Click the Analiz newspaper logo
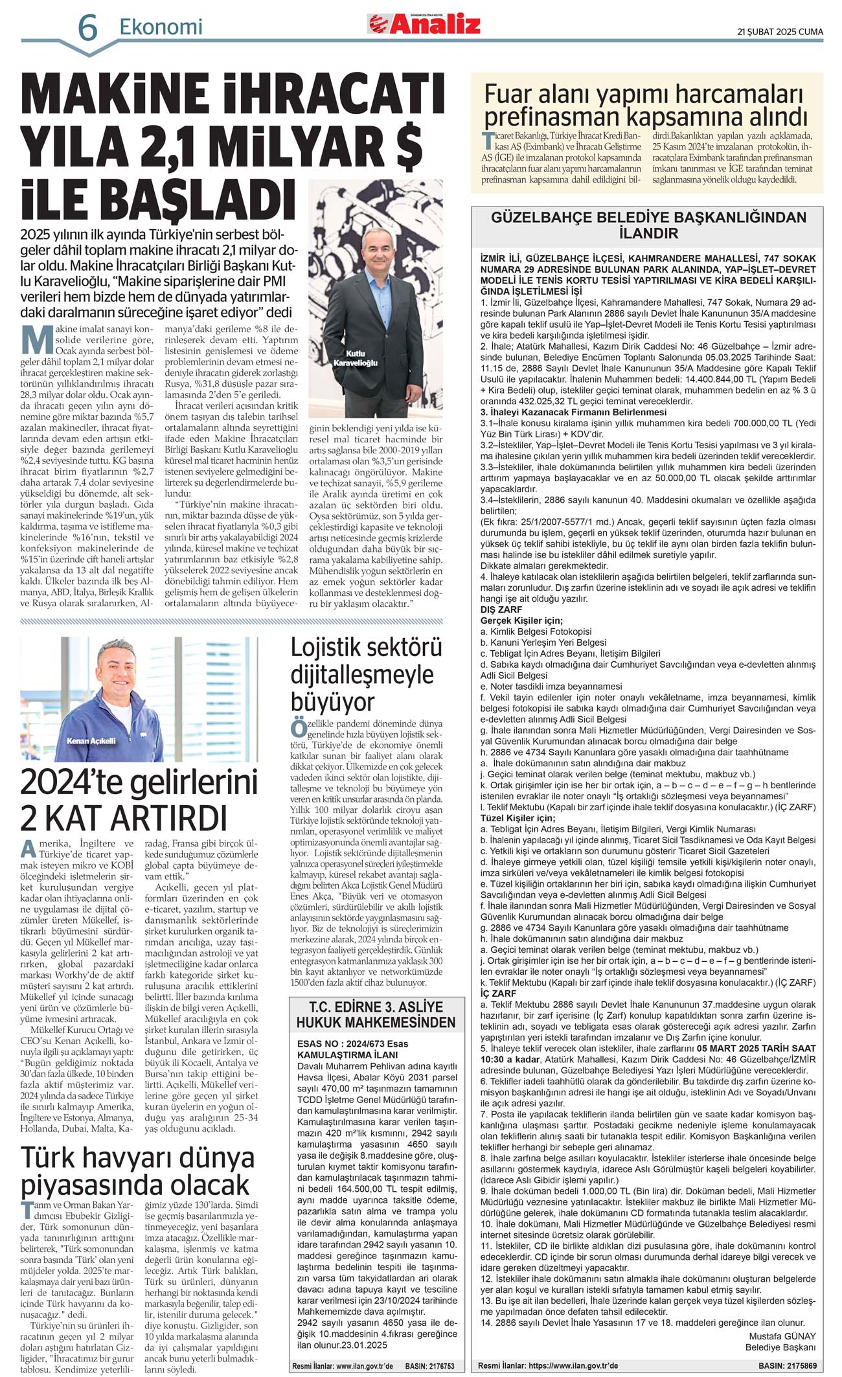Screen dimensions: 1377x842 (424, 24)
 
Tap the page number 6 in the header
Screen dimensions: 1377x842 (87, 28)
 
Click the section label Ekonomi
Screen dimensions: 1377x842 (161, 27)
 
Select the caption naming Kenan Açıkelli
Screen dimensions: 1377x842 (91, 740)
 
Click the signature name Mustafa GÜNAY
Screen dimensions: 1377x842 (782, 1336)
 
